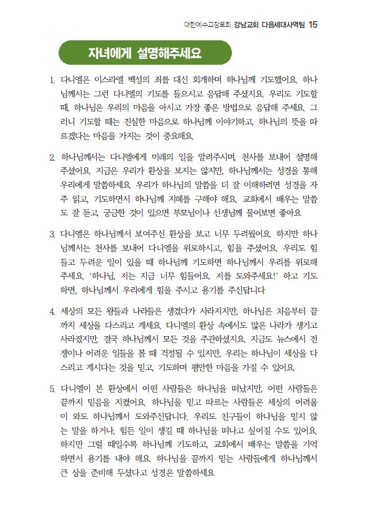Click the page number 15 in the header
click(313, 25)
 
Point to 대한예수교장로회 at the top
click(207, 25)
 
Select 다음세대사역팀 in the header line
click(283, 25)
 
